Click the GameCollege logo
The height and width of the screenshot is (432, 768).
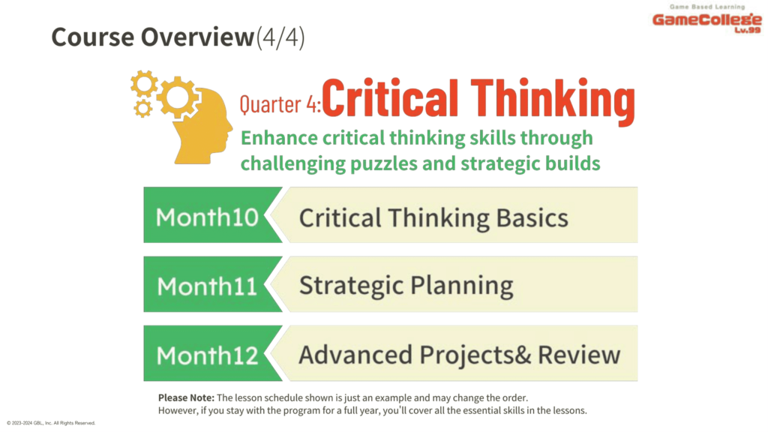click(x=707, y=19)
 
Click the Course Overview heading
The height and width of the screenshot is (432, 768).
click(x=153, y=37)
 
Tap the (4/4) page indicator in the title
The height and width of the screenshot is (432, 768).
click(x=280, y=37)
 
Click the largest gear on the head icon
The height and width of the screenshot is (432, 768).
click(x=178, y=97)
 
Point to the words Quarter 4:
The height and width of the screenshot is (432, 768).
click(x=280, y=103)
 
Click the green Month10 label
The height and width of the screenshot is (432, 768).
click(x=207, y=217)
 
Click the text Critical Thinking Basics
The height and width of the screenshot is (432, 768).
click(x=434, y=218)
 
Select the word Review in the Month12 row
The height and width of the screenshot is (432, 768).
click(x=579, y=355)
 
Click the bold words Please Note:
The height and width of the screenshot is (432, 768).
click(x=186, y=397)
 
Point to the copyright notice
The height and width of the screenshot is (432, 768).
click(x=51, y=423)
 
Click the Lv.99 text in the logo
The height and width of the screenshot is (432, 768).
click(x=748, y=30)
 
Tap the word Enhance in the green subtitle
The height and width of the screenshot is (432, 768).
click(x=279, y=138)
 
